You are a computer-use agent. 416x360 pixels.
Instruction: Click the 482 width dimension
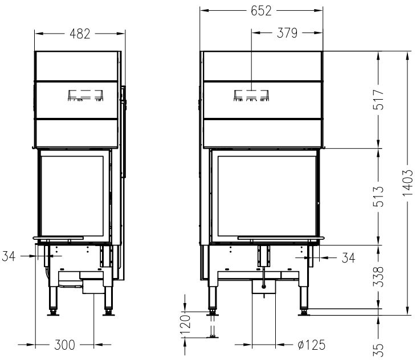point(80,34)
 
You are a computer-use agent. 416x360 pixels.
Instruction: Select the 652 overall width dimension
point(261,11)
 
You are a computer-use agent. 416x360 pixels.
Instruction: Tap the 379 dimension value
point(287,33)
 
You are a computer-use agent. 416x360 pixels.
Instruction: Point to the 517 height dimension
point(378,100)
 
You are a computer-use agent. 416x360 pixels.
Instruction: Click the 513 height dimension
point(378,197)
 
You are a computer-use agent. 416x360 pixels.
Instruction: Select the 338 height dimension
point(378,277)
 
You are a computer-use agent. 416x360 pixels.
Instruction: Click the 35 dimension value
point(378,350)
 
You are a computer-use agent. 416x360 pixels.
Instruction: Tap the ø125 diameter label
point(312,345)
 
